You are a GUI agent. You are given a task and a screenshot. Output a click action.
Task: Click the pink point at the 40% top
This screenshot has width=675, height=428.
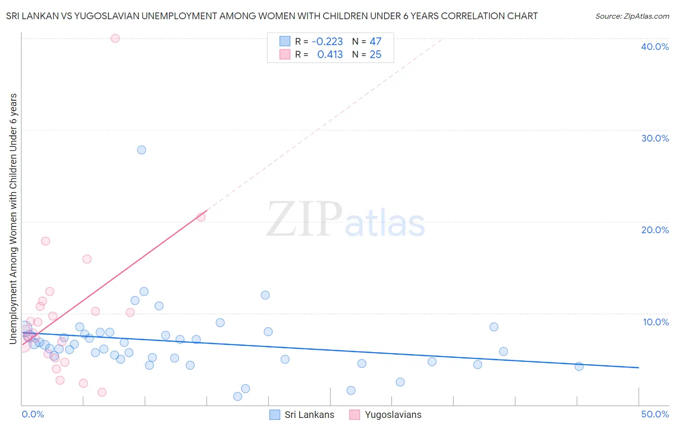[x=115, y=38]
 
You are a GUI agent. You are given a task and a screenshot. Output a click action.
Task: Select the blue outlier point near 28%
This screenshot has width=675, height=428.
[x=142, y=150]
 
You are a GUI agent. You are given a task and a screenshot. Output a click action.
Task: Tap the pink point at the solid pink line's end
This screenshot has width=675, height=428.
[x=201, y=217]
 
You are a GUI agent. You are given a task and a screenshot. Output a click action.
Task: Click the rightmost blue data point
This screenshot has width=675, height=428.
[x=579, y=367]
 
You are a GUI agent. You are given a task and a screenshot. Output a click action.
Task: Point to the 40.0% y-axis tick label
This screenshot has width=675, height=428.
[x=655, y=47]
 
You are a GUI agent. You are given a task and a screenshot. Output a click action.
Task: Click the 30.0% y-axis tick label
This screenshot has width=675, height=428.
[x=655, y=138]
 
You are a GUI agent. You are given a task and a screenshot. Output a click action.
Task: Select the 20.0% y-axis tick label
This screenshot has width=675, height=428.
[x=655, y=230]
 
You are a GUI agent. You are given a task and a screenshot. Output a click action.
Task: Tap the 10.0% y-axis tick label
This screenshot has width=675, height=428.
[x=656, y=322]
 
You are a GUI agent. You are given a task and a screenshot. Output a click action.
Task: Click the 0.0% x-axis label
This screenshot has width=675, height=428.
[x=33, y=414]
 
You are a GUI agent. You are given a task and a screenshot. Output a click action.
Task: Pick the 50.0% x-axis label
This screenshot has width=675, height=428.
[x=655, y=414]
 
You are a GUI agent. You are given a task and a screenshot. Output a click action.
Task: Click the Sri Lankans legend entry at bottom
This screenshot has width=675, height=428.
[x=302, y=415]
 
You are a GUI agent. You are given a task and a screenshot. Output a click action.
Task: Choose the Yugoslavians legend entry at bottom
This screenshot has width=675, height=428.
[x=386, y=415]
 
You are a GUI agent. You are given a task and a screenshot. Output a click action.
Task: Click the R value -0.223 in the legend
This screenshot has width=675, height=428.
[x=327, y=42]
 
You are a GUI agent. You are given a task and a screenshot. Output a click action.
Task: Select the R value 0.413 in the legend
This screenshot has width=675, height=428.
[x=330, y=55]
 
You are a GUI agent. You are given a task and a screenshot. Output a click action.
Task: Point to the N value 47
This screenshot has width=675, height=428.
[x=375, y=42]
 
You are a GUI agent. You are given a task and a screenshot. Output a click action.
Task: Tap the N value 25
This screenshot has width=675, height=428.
[x=375, y=55]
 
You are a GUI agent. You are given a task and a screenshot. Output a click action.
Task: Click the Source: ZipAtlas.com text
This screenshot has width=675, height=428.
[x=632, y=16]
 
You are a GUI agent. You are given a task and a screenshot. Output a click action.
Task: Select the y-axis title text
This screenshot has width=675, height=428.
[x=13, y=219]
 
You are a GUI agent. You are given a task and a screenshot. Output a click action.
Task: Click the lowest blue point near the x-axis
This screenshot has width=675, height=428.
[x=238, y=396]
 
